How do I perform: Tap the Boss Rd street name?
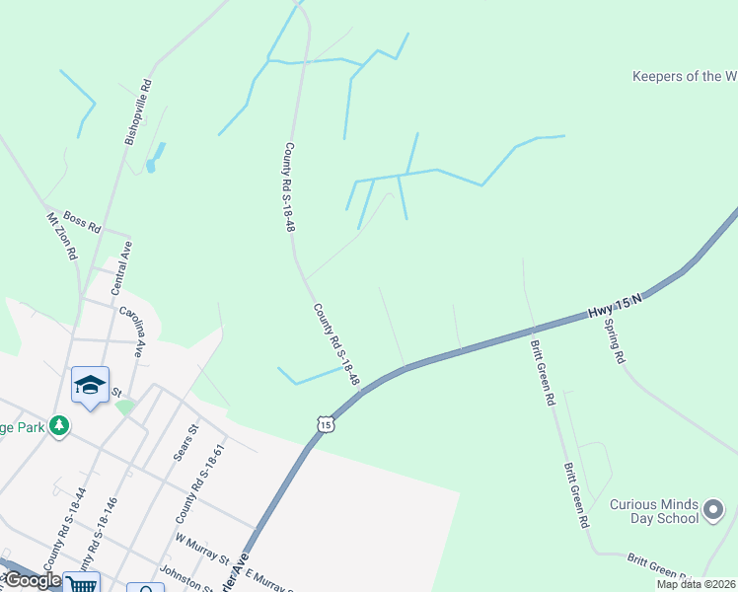click(82, 222)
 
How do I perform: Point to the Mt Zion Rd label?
click(61, 236)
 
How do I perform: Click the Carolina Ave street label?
click(132, 330)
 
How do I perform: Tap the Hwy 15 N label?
click(616, 304)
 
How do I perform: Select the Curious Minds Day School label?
click(652, 511)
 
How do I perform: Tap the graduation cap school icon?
click(90, 385)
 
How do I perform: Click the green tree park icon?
click(60, 425)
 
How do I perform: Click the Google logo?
click(32, 580)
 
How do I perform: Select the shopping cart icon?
click(82, 584)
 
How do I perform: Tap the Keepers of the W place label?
click(684, 76)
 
